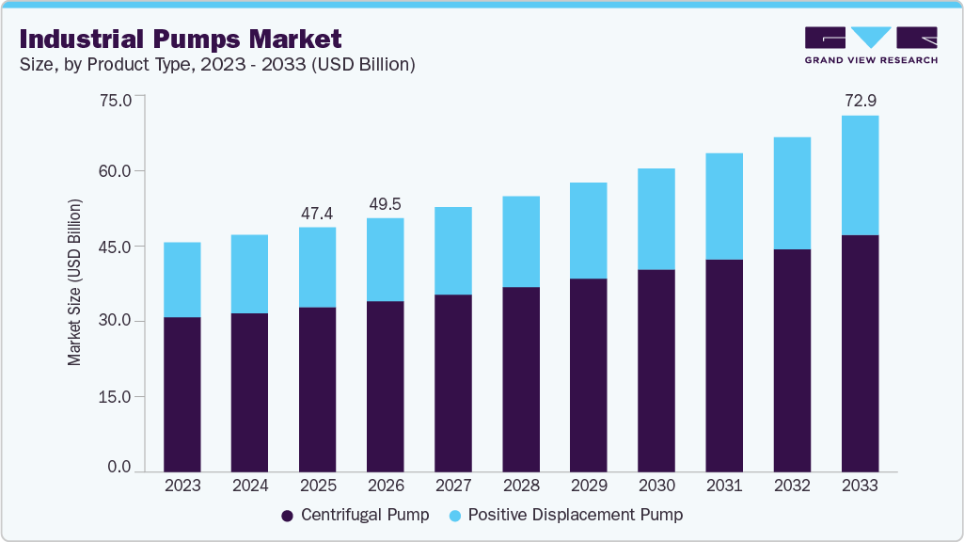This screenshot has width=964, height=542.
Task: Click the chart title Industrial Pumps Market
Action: tap(180, 39)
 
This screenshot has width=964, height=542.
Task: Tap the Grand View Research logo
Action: tap(870, 44)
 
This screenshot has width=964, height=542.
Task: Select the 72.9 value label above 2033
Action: tap(860, 100)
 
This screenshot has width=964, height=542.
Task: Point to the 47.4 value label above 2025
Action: tap(317, 213)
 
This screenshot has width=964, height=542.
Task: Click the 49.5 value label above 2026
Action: tap(385, 203)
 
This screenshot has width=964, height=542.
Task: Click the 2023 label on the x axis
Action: tap(182, 486)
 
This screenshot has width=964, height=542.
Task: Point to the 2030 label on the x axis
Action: tap(656, 486)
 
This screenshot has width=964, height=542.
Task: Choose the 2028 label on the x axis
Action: tap(520, 486)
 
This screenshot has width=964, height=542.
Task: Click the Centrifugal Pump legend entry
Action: tap(356, 515)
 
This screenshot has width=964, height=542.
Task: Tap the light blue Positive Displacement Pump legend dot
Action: tap(455, 516)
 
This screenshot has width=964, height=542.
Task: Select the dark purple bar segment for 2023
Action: tap(182, 394)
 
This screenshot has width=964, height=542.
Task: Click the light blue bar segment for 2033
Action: tap(860, 175)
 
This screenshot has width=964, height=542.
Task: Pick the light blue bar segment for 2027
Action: tap(452, 250)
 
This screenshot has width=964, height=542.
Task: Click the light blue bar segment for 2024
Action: tap(249, 274)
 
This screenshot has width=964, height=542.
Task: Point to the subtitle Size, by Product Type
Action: tap(216, 64)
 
